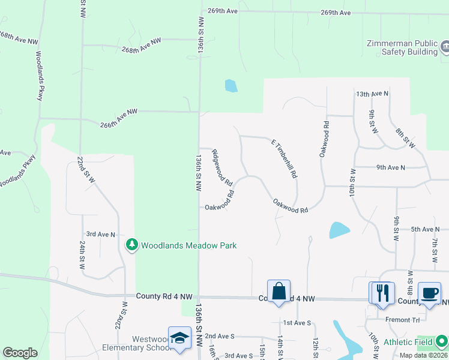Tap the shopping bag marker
pyautogui.click(x=279, y=292)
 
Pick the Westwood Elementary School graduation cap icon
pyautogui.click(x=179, y=338)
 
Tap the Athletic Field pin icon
pyautogui.click(x=442, y=341)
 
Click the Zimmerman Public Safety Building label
pyautogui.click(x=402, y=47)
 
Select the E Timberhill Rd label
pyautogui.click(x=284, y=158)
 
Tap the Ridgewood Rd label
pyautogui.click(x=222, y=167)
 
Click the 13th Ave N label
pyautogui.click(x=372, y=94)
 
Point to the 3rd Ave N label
pyautogui.click(x=100, y=234)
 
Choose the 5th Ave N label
pyautogui.click(x=425, y=229)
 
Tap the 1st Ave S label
pyautogui.click(x=297, y=323)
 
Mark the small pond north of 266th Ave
pyautogui.click(x=231, y=86)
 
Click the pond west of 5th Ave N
pyautogui.click(x=339, y=230)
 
